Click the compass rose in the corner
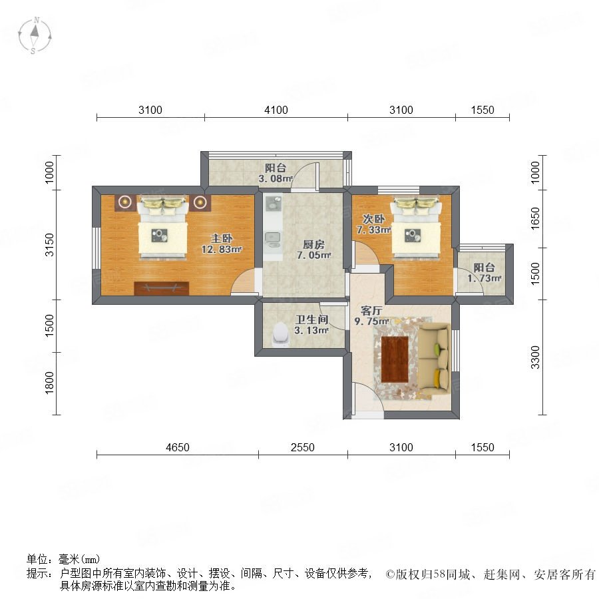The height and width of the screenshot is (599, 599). (x=35, y=35)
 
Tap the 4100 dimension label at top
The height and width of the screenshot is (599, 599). (x=276, y=110)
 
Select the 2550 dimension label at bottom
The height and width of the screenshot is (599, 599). (x=303, y=447)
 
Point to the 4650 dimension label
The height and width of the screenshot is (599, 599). (x=178, y=447)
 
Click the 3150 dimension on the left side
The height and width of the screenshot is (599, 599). (x=50, y=245)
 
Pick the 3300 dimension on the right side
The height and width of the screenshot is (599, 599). (x=536, y=357)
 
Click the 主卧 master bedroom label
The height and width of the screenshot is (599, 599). (x=222, y=238)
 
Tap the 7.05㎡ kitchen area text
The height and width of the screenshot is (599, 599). (x=313, y=255)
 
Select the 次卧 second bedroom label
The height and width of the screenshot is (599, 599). (x=373, y=219)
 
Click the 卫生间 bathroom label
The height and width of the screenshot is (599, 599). (x=311, y=319)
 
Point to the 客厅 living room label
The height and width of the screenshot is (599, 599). (x=371, y=311)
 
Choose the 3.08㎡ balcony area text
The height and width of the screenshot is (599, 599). (x=276, y=178)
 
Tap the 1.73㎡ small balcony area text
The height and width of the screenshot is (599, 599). (x=484, y=278)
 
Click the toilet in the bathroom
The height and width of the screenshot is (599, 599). (x=281, y=334)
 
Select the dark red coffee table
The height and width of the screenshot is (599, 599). (x=395, y=359)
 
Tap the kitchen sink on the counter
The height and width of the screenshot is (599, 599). (x=272, y=240)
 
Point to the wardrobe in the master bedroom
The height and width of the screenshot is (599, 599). (x=162, y=288)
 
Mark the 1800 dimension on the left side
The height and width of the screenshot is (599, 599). (x=50, y=383)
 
